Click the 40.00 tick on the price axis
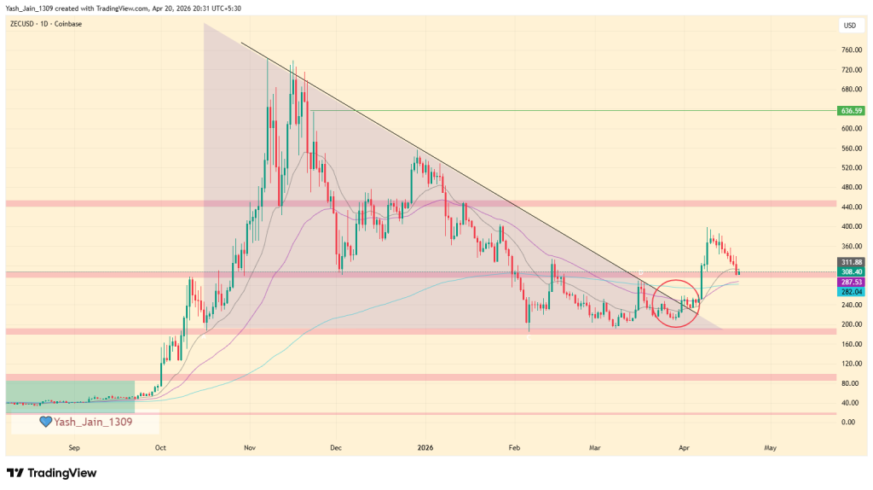pyautogui.click(x=847, y=403)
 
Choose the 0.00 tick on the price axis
pyautogui.click(x=847, y=423)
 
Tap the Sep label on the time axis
pyautogui.click(x=74, y=446)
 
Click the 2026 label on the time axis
pyautogui.click(x=426, y=446)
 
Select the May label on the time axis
pyautogui.click(x=770, y=446)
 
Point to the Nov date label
pyautogui.click(x=250, y=446)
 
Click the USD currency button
pyautogui.click(x=849, y=26)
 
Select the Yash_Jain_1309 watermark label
pyautogui.click(x=92, y=422)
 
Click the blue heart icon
pyautogui.click(x=45, y=422)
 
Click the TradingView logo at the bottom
pyautogui.click(x=52, y=473)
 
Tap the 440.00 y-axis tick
pyautogui.click(x=849, y=207)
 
